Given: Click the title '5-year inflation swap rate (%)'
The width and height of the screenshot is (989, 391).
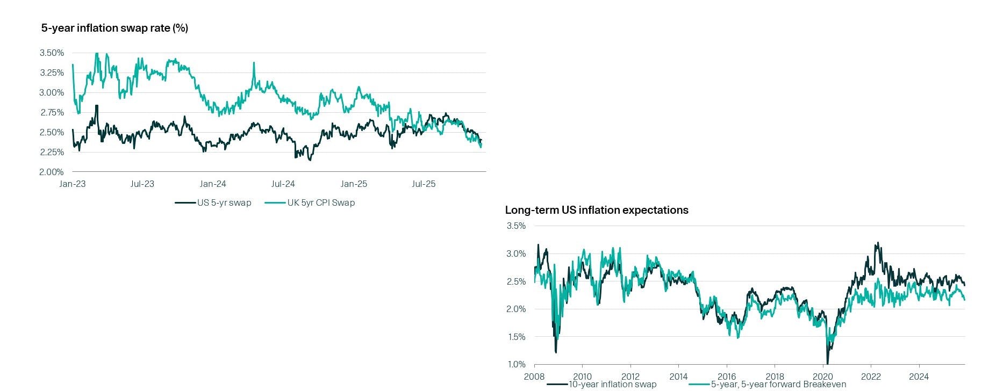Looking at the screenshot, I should [x=114, y=28].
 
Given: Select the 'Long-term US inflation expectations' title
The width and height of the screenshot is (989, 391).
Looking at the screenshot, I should [x=596, y=210].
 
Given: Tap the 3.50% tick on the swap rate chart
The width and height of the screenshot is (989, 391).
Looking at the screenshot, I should [x=52, y=53].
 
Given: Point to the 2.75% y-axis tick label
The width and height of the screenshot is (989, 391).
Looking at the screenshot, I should [x=52, y=112].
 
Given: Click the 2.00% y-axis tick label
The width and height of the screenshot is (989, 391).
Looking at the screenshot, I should [x=52, y=172].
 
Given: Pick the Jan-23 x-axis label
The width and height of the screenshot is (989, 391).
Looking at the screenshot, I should [x=72, y=184].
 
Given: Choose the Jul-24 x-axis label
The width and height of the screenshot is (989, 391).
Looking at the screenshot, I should [x=283, y=184].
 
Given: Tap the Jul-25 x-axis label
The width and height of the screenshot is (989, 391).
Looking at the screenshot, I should [x=424, y=184].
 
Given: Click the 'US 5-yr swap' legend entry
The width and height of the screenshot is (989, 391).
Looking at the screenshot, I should [x=224, y=202].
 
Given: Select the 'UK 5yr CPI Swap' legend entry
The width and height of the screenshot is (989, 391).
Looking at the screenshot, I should [x=321, y=202].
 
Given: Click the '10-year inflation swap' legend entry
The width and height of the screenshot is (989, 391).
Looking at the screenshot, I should [x=612, y=384].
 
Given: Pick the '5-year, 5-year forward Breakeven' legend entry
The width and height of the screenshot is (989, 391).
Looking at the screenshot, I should [x=778, y=384].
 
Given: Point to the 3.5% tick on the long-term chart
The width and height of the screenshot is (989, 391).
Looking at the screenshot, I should [x=516, y=226].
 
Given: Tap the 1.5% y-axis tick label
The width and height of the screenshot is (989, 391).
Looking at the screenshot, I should [x=516, y=337].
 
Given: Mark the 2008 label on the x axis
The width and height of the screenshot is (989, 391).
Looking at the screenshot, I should [x=534, y=376].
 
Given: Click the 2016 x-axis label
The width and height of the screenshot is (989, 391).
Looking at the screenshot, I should [x=727, y=376].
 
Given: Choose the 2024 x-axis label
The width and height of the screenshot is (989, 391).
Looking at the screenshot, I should [x=919, y=376].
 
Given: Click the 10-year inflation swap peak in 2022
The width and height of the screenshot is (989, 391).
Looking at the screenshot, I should [x=877, y=243].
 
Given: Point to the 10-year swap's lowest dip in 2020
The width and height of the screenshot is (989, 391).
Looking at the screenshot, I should [x=827, y=363].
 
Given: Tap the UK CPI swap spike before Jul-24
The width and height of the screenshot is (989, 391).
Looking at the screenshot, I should [x=254, y=63].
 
